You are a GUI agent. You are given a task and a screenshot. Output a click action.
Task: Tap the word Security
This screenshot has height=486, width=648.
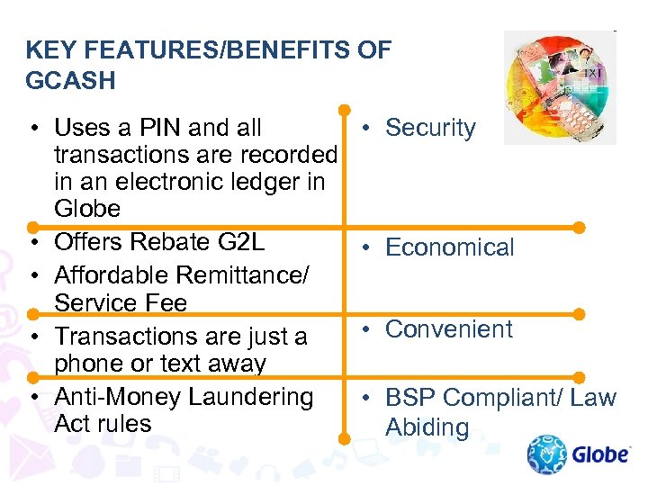pos(430,128)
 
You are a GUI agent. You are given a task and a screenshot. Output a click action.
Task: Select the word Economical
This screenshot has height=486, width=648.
pos(450,247)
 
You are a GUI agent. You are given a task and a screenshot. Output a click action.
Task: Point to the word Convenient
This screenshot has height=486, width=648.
pos(449,329)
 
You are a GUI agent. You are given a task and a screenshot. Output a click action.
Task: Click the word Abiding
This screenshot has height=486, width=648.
pos(427,427)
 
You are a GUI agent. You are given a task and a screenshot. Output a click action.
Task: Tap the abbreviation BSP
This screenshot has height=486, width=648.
pos(411,398)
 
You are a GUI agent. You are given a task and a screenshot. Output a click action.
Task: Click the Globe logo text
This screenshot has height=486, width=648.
pos(600,454)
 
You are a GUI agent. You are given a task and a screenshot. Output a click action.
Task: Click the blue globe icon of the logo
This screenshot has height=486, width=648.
pos(547,454)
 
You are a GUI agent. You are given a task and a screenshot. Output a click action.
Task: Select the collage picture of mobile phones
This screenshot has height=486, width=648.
pos(559,87)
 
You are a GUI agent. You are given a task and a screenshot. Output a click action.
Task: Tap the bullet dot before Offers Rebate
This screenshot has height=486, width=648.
pos(31,243)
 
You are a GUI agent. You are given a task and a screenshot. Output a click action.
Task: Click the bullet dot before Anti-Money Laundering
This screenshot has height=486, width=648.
pos(31,397)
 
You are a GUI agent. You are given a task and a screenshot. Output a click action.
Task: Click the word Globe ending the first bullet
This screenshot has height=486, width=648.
pos(87,209)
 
